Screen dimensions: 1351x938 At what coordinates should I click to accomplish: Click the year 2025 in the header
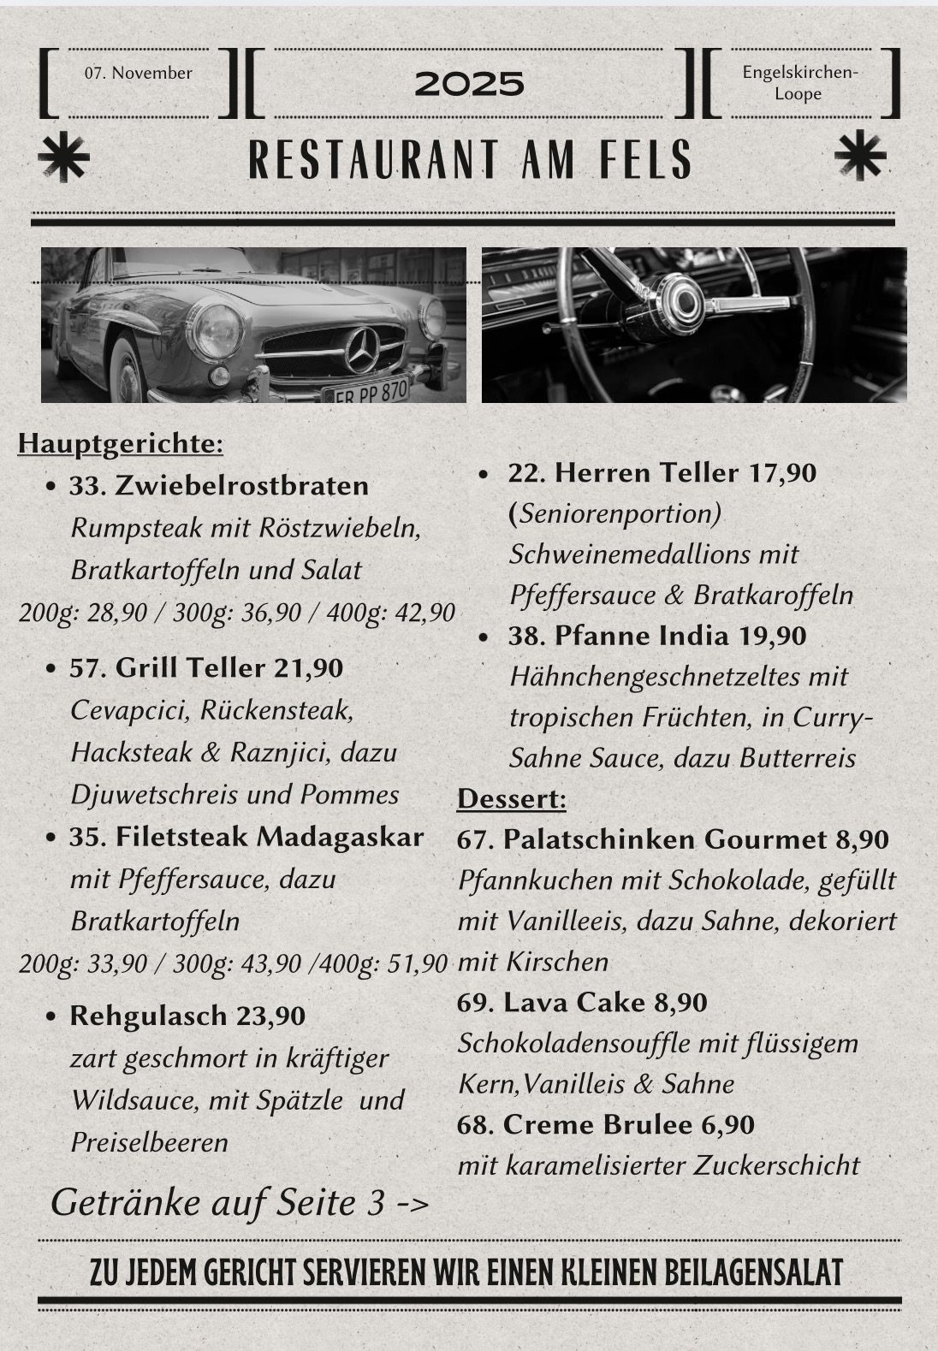(469, 84)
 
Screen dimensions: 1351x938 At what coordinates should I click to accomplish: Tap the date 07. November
(139, 74)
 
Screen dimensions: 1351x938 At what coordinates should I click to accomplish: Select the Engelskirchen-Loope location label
(799, 83)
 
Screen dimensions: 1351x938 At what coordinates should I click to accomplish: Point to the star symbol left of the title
(63, 158)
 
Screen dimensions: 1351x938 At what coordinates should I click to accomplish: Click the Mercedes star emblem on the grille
(361, 350)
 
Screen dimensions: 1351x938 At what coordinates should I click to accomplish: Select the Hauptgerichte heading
(121, 443)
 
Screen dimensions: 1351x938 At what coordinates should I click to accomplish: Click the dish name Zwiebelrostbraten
(242, 485)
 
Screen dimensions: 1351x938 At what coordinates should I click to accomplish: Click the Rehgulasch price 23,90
(270, 1016)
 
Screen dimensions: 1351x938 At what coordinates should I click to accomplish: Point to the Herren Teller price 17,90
(782, 472)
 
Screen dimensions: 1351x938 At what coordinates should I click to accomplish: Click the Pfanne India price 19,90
(772, 636)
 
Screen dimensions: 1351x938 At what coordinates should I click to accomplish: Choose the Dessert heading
(512, 798)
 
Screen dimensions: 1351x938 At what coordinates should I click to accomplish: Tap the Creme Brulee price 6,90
(727, 1124)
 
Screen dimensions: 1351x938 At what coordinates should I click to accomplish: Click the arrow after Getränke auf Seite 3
(413, 1204)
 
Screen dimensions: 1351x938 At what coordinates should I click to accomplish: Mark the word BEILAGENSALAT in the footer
(747, 1272)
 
